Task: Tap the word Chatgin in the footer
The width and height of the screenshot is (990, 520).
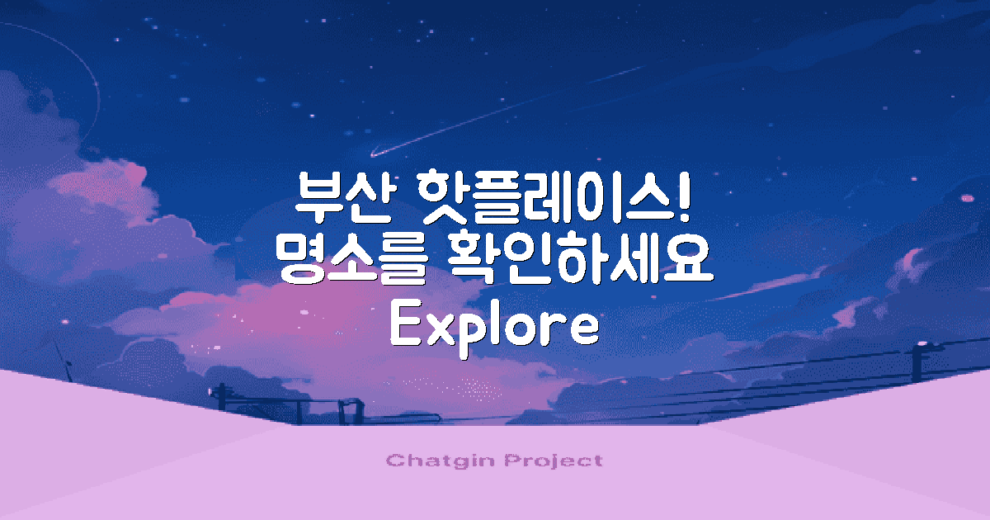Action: click(437, 461)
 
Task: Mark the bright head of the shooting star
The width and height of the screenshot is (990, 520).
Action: click(374, 154)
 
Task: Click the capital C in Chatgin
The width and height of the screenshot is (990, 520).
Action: click(394, 461)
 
